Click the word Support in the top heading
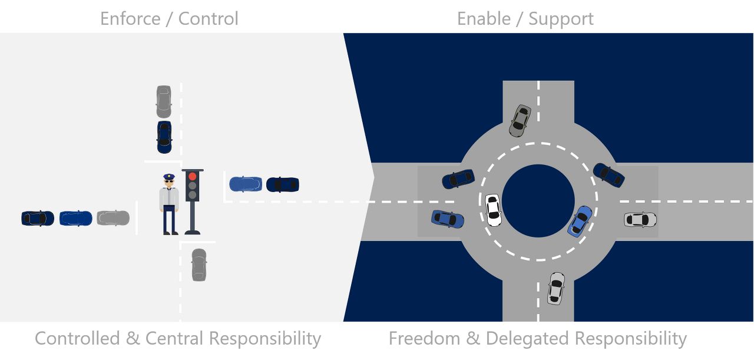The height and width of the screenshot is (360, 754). (x=561, y=18)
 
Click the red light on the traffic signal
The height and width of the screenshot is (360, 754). (x=192, y=176)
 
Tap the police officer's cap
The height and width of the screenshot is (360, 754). (x=169, y=177)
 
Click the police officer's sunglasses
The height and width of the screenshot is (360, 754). (x=169, y=183)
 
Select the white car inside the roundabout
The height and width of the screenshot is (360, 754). (x=493, y=210)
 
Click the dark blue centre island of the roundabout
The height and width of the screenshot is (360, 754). (x=538, y=200)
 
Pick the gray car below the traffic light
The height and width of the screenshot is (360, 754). (x=199, y=265)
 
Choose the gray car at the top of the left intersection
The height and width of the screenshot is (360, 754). (x=164, y=101)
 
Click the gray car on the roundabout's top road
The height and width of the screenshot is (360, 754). (x=520, y=121)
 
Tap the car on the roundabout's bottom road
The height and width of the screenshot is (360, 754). (x=555, y=288)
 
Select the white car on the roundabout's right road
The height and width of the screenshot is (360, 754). (x=640, y=219)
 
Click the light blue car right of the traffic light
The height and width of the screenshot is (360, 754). (x=246, y=184)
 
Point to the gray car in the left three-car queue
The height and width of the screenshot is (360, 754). (x=113, y=218)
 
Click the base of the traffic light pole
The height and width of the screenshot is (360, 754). (x=192, y=232)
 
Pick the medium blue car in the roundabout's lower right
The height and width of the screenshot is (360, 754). (x=580, y=221)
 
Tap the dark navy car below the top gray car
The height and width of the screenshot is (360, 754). (x=164, y=137)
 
